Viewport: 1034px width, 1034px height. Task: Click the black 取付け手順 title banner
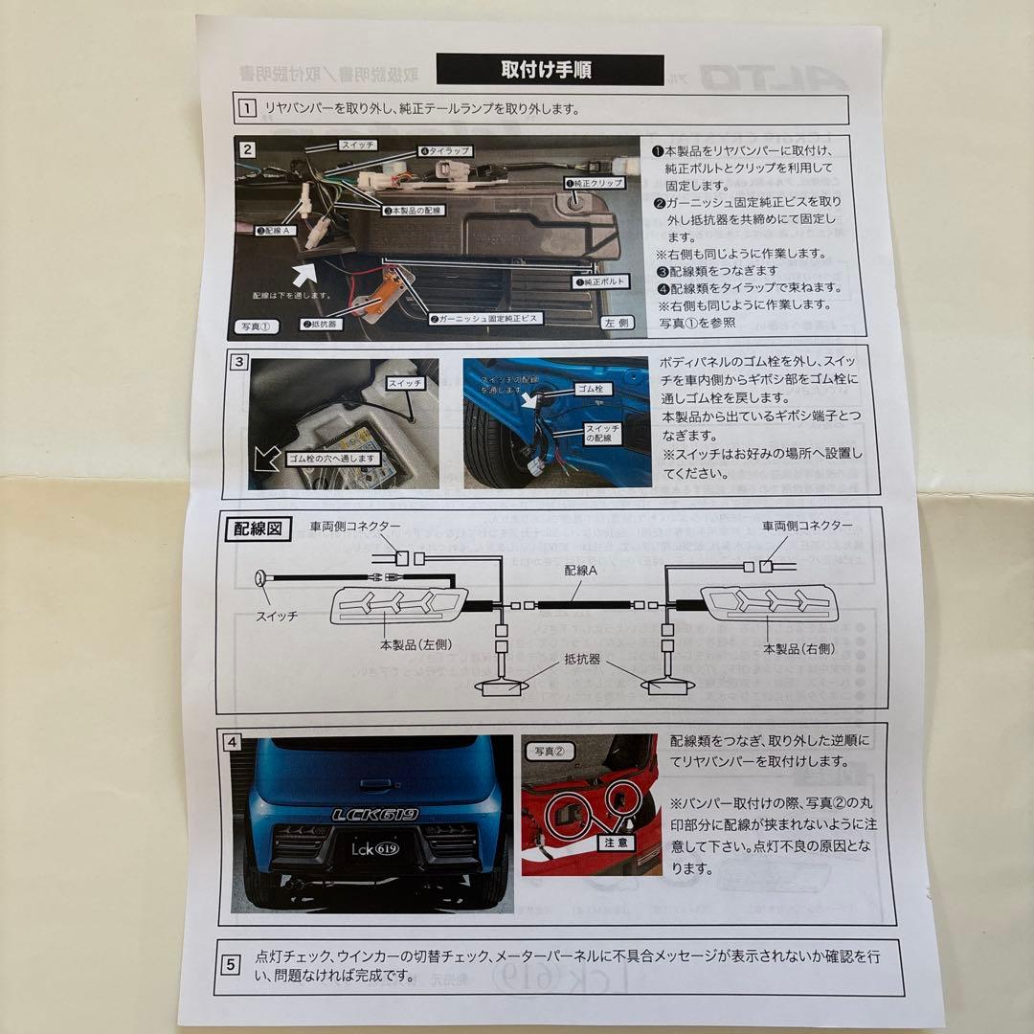[x=549, y=69]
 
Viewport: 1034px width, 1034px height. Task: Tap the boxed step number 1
[x=247, y=108]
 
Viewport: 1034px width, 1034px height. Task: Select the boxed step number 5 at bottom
[x=231, y=964]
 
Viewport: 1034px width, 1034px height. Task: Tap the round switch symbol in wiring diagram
[x=259, y=578]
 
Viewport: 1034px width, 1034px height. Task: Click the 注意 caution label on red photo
[x=616, y=843]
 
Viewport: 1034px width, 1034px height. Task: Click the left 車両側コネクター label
[x=356, y=526]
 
